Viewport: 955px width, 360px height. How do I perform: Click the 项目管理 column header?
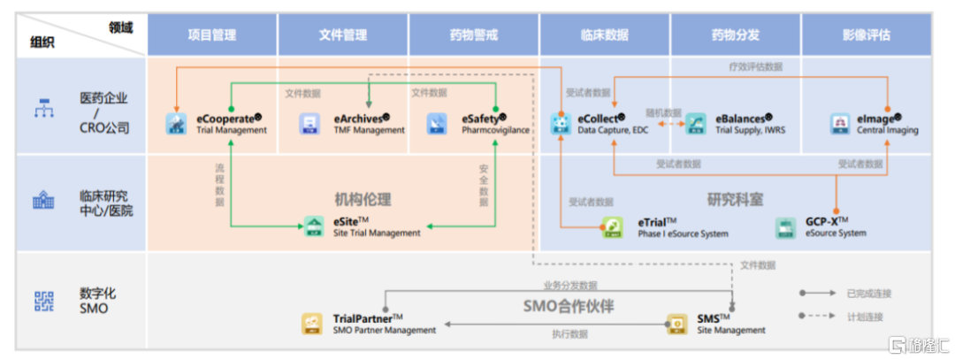coord(212,35)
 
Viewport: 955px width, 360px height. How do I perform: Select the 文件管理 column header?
coord(343,35)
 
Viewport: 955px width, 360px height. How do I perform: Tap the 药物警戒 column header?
coord(474,35)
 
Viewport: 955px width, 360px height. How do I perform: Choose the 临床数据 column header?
coord(605,35)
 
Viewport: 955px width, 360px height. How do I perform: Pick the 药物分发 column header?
coord(736,35)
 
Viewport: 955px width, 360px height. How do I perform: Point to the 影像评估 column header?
coord(867,35)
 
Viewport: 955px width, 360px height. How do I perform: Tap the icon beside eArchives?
coord(310,124)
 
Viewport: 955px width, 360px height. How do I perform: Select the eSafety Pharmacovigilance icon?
coord(438,124)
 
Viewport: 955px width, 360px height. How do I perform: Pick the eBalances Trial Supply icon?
coord(695,124)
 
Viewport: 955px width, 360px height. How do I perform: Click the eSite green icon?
coord(314,226)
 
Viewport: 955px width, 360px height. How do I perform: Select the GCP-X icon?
coord(783,227)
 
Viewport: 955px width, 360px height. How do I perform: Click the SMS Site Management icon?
coord(677,323)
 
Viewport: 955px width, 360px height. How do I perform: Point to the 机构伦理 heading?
coord(362,200)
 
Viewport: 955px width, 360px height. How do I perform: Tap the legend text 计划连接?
coord(865,316)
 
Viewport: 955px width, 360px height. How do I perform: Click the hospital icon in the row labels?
coord(43,202)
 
